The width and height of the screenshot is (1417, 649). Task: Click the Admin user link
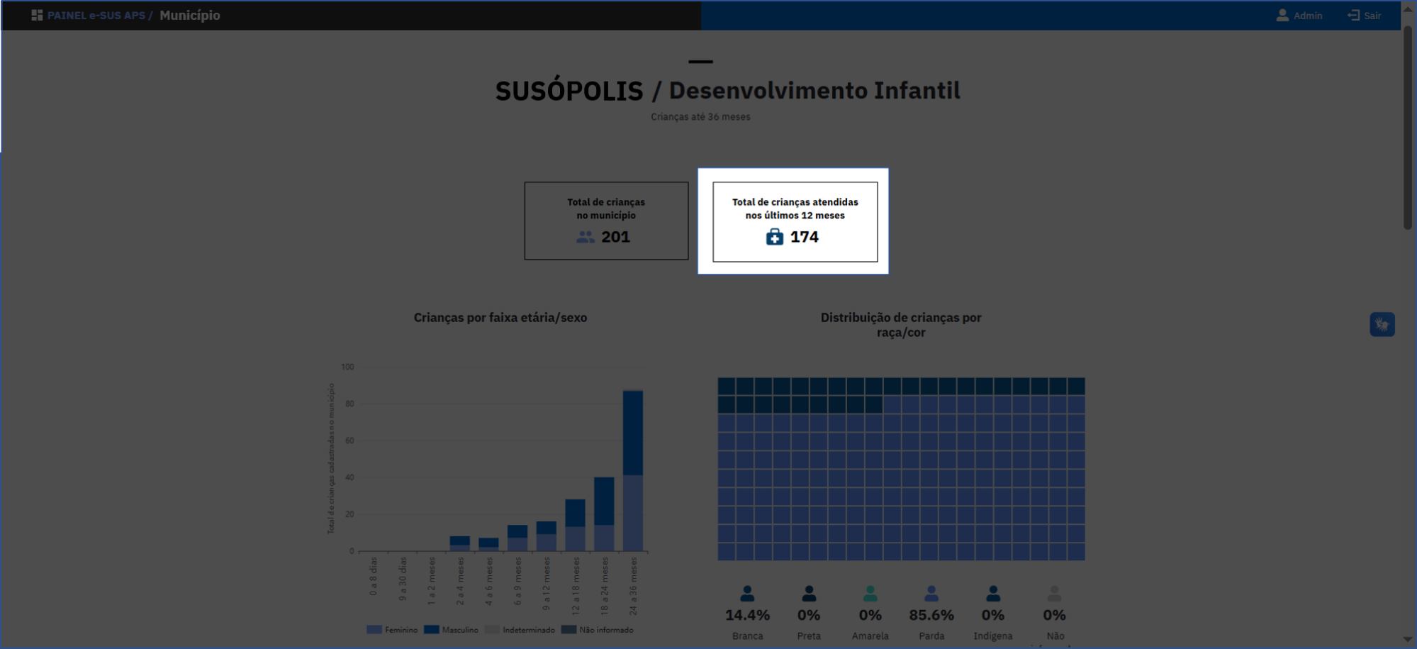pos(1299,16)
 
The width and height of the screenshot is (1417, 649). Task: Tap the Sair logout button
pos(1365,16)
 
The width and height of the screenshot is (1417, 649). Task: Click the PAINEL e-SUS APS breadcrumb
pos(96,16)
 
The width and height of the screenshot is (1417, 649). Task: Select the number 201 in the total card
pos(615,237)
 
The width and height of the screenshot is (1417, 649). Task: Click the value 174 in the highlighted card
pos(805,237)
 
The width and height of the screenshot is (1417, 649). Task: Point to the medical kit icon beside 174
pos(775,237)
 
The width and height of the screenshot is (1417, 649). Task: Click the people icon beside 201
pos(586,238)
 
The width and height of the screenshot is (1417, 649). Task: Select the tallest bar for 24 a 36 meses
pos(633,470)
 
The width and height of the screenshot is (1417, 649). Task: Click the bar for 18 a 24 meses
pos(604,514)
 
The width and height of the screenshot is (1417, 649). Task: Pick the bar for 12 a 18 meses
pos(575,525)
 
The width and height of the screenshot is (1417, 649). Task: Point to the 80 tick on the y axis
pos(349,404)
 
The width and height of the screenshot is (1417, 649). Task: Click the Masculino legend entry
pos(452,630)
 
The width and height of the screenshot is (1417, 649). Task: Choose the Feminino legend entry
pos(393,630)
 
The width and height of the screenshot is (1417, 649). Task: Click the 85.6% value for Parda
pos(931,615)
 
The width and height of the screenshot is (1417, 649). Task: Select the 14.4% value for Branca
pos(747,615)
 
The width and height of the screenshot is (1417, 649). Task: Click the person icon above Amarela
pos(870,594)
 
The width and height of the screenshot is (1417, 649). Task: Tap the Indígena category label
pos(992,636)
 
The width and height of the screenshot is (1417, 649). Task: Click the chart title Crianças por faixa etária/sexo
pos(500,318)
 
